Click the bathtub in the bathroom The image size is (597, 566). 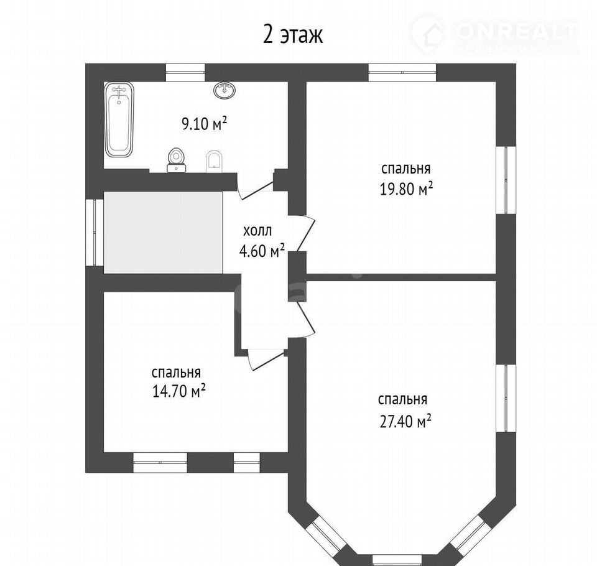tap(119, 119)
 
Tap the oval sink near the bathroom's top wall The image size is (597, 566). tap(225, 90)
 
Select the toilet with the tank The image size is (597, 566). tap(176, 160)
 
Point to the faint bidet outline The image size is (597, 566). tap(214, 162)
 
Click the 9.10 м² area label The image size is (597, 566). tap(204, 124)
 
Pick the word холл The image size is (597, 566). tap(257, 231)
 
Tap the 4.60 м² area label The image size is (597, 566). tap(262, 251)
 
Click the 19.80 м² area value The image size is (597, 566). tap(406, 188)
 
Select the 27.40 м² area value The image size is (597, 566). tap(405, 422)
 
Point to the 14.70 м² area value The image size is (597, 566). tap(179, 391)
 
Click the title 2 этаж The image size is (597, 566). tap(293, 35)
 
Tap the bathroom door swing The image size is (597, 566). tap(256, 189)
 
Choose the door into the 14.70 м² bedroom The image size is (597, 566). tap(266, 359)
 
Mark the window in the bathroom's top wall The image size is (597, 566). tap(185, 73)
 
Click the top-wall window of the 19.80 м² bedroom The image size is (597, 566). tap(402, 73)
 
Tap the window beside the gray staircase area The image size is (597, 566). tap(95, 233)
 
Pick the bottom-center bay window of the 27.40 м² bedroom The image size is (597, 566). tap(397, 560)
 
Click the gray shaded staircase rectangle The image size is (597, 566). tap(164, 233)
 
